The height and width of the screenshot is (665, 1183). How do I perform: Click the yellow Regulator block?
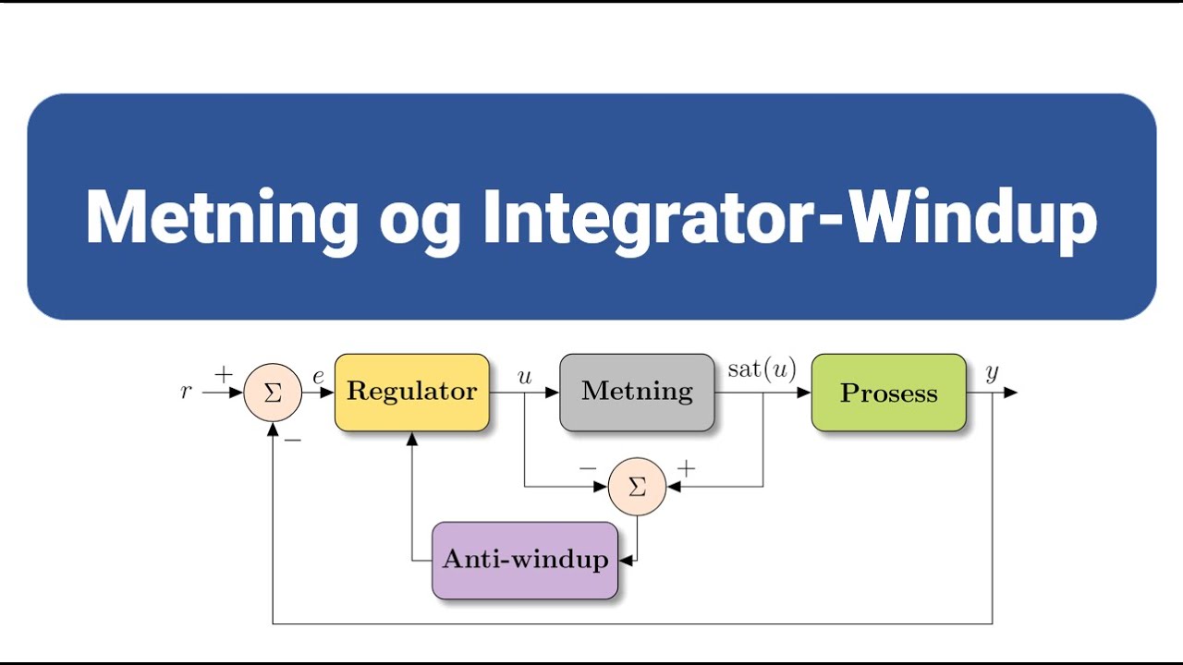tap(411, 393)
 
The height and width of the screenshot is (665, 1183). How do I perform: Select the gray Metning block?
tap(637, 393)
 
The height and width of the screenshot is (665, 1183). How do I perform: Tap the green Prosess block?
tap(888, 393)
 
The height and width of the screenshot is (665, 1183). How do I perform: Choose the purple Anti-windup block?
tap(525, 560)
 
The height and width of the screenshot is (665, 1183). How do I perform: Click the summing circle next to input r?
tap(273, 393)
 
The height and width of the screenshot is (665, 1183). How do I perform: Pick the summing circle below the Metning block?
tap(637, 487)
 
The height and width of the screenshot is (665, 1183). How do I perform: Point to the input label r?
tap(186, 392)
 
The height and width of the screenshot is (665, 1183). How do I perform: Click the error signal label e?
tap(318, 377)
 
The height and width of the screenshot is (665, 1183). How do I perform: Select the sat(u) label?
tap(762, 370)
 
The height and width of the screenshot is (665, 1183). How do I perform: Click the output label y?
tap(992, 373)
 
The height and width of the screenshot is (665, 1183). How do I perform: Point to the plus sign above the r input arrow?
tap(224, 374)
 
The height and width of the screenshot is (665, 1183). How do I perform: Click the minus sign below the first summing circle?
tap(293, 441)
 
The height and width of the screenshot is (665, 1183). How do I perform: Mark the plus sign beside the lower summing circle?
tap(686, 468)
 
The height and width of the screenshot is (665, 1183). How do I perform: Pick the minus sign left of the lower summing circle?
tap(588, 468)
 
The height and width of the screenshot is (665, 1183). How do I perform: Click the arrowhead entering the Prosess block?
tap(804, 393)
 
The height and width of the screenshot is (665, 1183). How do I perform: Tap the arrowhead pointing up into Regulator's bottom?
tap(412, 439)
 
